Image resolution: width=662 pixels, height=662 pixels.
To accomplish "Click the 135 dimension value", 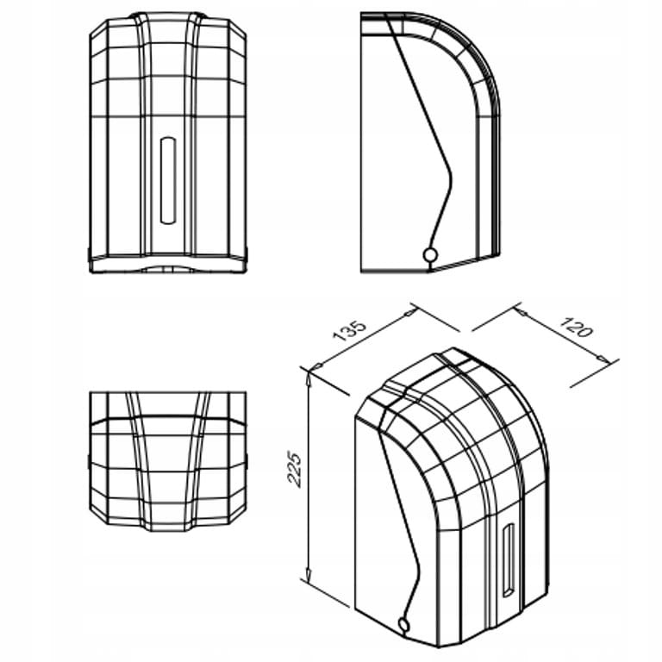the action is [349, 331].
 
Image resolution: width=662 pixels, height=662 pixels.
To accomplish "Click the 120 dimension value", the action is [577, 327].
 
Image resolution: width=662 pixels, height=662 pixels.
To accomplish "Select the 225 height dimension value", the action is [294, 470].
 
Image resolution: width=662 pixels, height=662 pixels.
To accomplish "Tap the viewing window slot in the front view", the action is [167, 180].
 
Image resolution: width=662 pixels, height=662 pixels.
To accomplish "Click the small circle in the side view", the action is [430, 254].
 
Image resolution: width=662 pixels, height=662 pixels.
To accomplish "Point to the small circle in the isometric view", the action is [403, 623].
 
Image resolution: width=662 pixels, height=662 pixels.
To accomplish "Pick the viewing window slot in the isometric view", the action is [508, 560].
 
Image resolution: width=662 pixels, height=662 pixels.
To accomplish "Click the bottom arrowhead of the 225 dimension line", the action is [309, 573].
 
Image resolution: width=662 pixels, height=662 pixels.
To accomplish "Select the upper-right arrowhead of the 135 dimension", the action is [409, 313].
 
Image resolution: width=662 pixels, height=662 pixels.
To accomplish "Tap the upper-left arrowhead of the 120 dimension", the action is [521, 313].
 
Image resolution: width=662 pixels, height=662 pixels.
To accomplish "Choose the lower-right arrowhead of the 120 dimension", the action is [603, 359].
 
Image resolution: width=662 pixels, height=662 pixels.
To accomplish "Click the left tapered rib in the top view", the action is [138, 461].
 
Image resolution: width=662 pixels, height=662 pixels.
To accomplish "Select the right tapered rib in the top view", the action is [197, 461].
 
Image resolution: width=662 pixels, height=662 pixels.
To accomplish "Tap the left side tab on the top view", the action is [89, 462].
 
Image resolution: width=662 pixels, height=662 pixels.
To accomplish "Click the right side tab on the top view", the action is [247, 462].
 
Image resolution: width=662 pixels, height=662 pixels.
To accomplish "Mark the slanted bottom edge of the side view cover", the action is [465, 263].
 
